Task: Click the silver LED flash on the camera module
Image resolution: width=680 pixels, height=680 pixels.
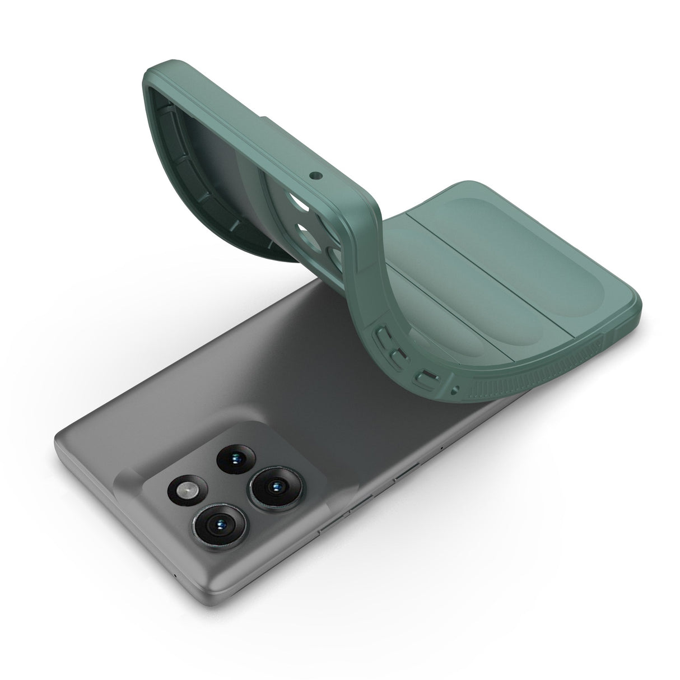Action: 187,491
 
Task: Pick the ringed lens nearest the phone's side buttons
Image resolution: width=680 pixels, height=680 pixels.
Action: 274,486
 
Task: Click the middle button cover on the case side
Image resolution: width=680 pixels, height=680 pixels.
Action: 399,356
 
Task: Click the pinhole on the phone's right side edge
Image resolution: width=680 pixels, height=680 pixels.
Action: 443,449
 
